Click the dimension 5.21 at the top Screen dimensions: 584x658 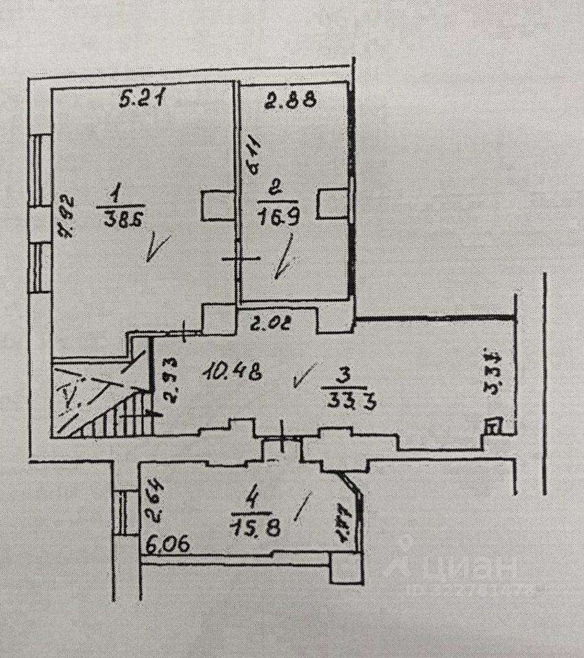tap(142, 101)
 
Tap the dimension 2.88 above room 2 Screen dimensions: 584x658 tap(291, 101)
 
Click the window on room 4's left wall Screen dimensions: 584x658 tap(124, 513)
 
